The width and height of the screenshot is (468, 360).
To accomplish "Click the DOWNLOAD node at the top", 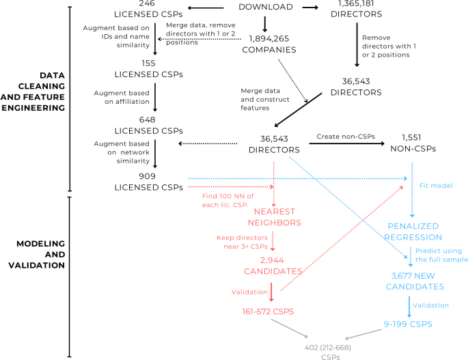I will tap(267, 7).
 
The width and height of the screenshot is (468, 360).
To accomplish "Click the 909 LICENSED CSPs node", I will tap(157, 181).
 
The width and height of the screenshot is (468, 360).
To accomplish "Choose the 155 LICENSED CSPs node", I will tap(157, 68).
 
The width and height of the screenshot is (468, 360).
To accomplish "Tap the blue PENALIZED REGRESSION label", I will tap(413, 231).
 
